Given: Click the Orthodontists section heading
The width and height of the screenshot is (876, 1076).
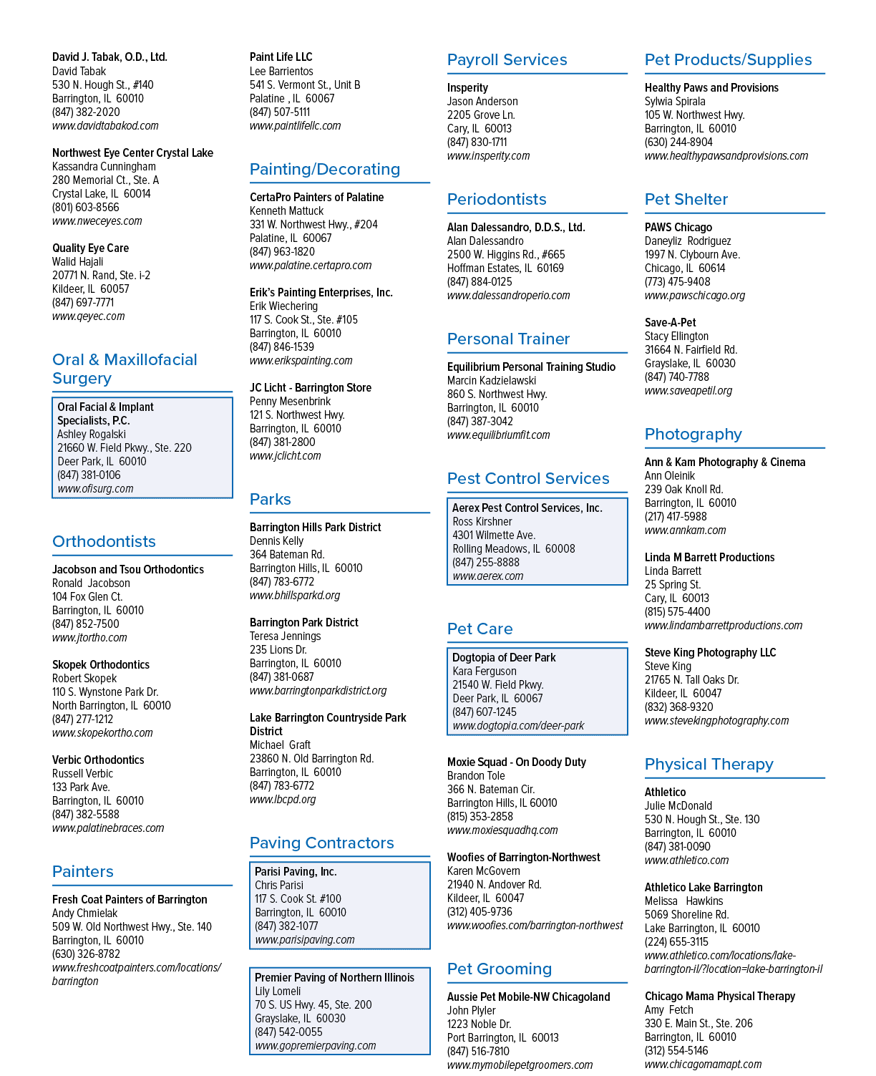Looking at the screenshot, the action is pyautogui.click(x=104, y=541).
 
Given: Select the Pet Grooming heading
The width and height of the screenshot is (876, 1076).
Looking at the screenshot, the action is pyautogui.click(x=500, y=969).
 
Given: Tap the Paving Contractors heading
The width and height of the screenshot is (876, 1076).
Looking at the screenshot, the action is pyautogui.click(x=321, y=843).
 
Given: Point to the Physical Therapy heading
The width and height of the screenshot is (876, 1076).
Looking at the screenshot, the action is pyautogui.click(x=709, y=765).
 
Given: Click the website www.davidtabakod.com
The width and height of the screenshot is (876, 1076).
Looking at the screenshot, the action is pyautogui.click(x=105, y=126).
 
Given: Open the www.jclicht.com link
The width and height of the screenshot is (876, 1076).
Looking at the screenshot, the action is pyautogui.click(x=286, y=455).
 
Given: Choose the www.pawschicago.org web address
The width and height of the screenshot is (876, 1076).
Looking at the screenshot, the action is pyautogui.click(x=695, y=296).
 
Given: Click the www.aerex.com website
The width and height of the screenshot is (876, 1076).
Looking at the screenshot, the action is pyautogui.click(x=487, y=576).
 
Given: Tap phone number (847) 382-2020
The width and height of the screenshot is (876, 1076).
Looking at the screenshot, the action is pyautogui.click(x=86, y=112).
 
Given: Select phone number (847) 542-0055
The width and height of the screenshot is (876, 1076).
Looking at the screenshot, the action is pyautogui.click(x=288, y=1032).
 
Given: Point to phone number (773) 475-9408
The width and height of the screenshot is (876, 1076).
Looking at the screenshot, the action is pyautogui.click(x=677, y=282).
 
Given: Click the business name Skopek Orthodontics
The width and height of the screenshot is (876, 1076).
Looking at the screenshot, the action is pyautogui.click(x=101, y=665).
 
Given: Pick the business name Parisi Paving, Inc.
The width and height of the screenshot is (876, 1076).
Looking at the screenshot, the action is pyautogui.click(x=296, y=872).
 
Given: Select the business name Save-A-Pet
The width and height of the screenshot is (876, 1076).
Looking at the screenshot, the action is pyautogui.click(x=670, y=323).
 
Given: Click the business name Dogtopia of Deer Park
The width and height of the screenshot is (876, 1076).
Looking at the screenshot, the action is pyautogui.click(x=504, y=658).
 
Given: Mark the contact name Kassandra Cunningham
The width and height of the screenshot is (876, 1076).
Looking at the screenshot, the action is pyautogui.click(x=104, y=167).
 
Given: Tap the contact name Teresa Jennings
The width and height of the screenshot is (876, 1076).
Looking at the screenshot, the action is pyautogui.click(x=286, y=636).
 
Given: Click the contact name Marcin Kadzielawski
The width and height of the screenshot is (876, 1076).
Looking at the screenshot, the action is pyautogui.click(x=491, y=381).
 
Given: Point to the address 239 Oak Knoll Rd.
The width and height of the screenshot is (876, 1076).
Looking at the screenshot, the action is pyautogui.click(x=683, y=490).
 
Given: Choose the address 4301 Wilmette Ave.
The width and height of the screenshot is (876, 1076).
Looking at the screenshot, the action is pyautogui.click(x=494, y=535).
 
